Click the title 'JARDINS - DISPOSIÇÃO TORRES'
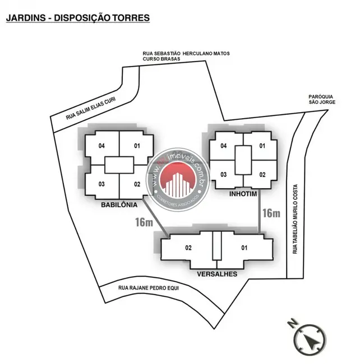[x=77, y=18]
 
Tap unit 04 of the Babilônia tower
[x=101, y=146]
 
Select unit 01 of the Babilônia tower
[x=136, y=146]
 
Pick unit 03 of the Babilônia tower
[x=101, y=184]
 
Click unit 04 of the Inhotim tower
[x=223, y=146]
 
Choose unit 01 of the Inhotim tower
[x=262, y=146]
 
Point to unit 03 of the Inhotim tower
[x=223, y=175]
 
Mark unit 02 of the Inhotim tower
[x=262, y=175]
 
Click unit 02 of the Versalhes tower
[x=188, y=248]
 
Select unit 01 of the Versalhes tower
[x=244, y=248]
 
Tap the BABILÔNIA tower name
[x=119, y=204]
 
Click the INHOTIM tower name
[x=243, y=194]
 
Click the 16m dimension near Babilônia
[x=144, y=222]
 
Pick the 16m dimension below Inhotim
[x=271, y=213]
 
